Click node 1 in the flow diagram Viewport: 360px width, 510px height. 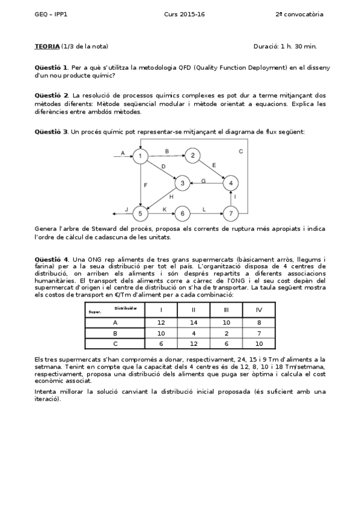coord(140,156)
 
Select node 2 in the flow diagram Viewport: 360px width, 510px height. coord(192,156)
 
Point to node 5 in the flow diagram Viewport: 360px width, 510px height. coord(140,213)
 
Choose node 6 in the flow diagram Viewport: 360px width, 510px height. coord(182,213)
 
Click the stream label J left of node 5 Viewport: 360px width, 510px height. coord(126,209)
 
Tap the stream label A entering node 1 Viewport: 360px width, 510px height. coord(123,153)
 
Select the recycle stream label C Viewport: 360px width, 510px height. coord(240,151)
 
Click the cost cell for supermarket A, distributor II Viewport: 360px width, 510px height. coord(194,322)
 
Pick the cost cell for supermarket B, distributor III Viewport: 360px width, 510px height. coord(226,333)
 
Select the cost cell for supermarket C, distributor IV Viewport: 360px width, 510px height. coord(258,343)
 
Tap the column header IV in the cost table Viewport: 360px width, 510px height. coord(258,310)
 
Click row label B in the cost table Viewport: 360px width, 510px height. coord(115,333)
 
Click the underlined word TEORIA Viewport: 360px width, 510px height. coord(47,46)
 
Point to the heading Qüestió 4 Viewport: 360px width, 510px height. coord(52,257)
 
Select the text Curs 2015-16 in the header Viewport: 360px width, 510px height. coord(184,14)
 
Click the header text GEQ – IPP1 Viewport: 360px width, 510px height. coord(51,14)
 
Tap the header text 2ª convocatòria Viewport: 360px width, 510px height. coord(299,14)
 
